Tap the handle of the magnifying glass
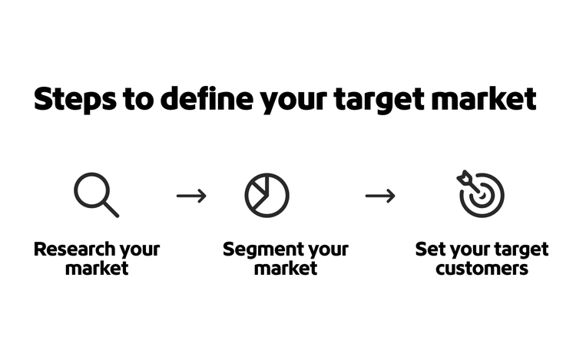(x=111, y=209)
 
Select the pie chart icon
(x=266, y=195)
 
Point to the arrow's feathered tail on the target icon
(x=463, y=177)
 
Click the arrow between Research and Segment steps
(x=191, y=196)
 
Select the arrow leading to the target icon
(x=380, y=196)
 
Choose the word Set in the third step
(x=429, y=249)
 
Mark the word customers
(x=482, y=269)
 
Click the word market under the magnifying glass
(x=97, y=269)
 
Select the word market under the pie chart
(x=286, y=269)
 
